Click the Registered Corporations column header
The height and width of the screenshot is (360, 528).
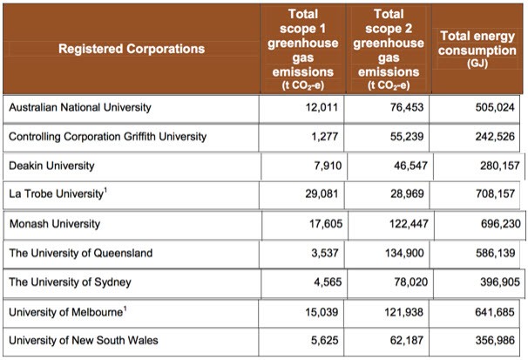tap(131, 49)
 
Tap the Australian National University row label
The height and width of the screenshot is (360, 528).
tap(80, 108)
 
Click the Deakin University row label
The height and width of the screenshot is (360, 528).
tap(51, 166)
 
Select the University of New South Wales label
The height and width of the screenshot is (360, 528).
tap(83, 340)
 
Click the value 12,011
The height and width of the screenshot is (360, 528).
tap(322, 108)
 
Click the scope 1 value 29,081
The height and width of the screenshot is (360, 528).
tap(322, 195)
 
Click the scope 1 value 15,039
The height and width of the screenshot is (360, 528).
tap(322, 311)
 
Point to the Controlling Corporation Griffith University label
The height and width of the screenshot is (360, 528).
tap(107, 137)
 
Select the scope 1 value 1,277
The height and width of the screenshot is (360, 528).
tap(325, 137)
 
